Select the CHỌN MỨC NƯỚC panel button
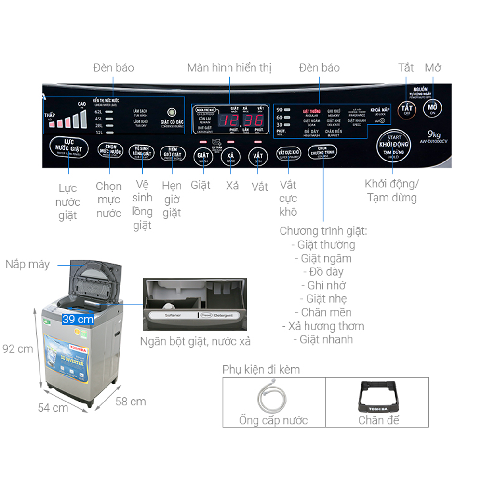110,150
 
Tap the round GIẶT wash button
203,158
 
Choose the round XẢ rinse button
230,158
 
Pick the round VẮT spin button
258,158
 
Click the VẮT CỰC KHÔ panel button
289,153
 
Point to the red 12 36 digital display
239,120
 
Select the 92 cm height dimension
18,348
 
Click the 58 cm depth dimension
131,401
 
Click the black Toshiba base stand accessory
378,394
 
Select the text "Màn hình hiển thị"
229,67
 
